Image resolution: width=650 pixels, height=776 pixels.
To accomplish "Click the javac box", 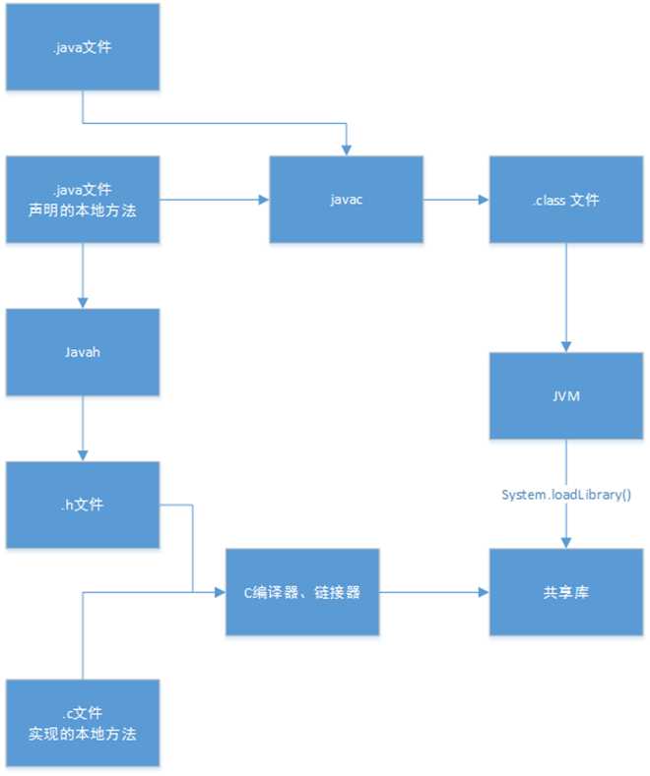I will point(347,200).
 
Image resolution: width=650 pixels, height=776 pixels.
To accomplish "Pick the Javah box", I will point(82,352).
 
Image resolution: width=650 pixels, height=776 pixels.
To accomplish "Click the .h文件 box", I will point(82,506).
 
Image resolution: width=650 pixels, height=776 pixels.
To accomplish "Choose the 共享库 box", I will point(565,592).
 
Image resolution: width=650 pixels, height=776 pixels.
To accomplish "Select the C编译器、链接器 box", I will point(303,592).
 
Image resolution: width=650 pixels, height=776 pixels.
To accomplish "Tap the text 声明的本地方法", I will point(82,209).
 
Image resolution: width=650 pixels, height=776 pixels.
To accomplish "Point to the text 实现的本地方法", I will point(82,733).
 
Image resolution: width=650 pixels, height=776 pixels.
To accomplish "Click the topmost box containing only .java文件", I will point(82,46).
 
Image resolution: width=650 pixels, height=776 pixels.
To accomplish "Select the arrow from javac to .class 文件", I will point(456,200).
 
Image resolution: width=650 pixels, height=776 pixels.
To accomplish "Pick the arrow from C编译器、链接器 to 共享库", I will point(433,592).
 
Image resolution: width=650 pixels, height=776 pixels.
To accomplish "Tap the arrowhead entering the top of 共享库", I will point(565,543).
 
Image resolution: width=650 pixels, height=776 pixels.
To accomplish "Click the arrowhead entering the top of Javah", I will point(82,303).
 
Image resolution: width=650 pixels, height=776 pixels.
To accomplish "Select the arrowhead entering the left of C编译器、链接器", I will point(221,592).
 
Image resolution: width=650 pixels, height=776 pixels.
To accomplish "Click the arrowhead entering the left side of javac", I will point(264,200).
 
